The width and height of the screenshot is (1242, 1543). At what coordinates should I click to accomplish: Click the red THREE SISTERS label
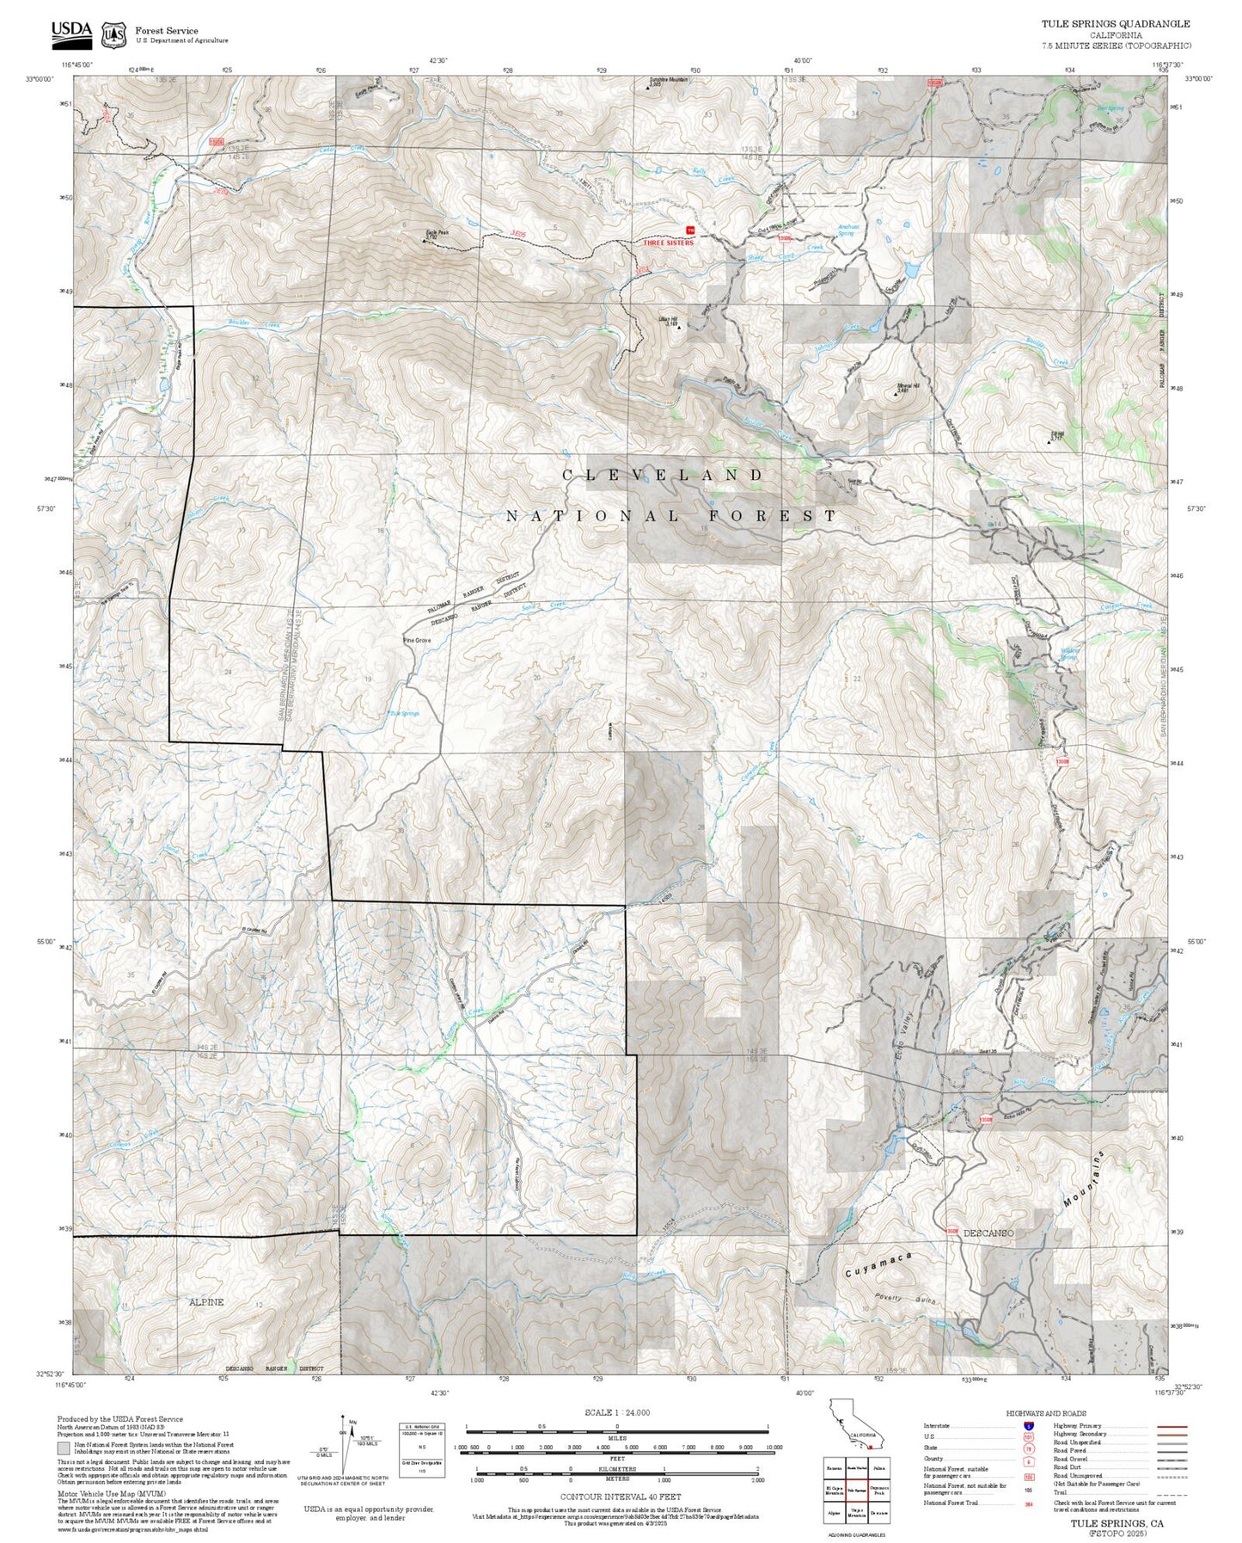point(668,243)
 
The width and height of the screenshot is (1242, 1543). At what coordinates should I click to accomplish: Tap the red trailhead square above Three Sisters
point(689,229)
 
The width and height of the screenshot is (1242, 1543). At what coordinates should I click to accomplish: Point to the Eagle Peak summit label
point(437,233)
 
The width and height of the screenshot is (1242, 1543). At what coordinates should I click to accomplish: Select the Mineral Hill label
point(908,387)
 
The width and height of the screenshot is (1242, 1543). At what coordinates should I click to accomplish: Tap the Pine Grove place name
point(417,641)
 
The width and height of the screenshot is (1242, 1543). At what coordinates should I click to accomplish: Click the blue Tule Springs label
point(404,713)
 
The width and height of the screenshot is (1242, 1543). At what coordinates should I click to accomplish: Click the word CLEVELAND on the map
point(663,475)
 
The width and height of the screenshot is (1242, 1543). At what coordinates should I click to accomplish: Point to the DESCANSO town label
point(988,1233)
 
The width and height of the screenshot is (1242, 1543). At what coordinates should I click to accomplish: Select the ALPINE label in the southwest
point(205,1301)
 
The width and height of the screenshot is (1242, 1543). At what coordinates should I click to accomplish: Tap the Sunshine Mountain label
point(668,80)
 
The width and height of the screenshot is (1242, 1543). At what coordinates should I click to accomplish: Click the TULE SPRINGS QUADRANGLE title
point(1116,24)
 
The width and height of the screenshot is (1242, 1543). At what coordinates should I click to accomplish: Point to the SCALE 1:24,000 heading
point(616,1412)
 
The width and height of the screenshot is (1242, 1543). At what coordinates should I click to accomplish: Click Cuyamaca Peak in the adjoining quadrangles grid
point(878,1489)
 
